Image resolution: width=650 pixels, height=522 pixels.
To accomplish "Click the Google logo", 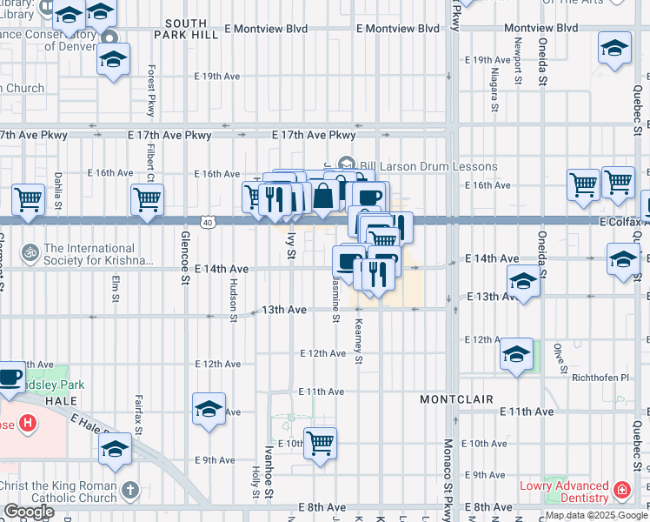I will coord(30,512).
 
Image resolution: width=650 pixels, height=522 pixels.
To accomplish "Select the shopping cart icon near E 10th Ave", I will coord(321,442).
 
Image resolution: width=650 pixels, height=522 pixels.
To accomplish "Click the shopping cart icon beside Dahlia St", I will coord(29,199).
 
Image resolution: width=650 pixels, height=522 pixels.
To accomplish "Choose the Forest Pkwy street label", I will coord(151,90).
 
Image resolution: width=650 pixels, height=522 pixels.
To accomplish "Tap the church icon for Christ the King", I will coord(130,491).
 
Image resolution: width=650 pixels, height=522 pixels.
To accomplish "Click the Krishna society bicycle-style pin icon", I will coord(29,252).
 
